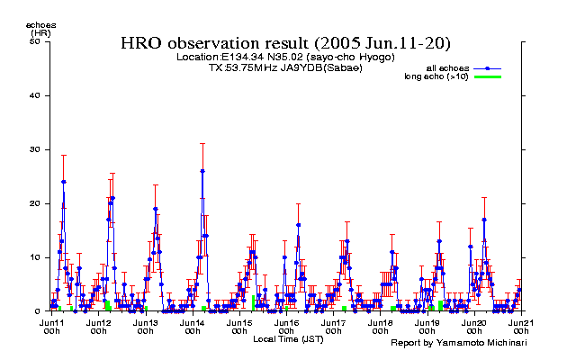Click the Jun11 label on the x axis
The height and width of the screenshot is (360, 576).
51,321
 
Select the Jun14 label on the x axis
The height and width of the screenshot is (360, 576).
192,321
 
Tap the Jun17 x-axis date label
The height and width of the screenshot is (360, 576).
333,321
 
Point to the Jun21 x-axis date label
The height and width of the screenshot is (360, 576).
520,321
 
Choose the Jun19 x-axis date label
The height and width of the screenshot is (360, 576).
427,321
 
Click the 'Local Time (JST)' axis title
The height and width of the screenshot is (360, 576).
288,339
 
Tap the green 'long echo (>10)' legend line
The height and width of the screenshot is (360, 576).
487,77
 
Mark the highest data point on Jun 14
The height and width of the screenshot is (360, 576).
202,171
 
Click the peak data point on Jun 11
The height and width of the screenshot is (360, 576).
63,182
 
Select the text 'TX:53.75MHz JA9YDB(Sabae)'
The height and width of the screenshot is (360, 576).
285,67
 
